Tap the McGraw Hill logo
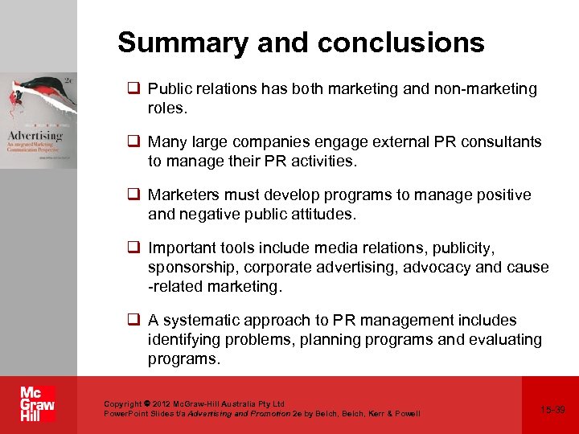click(37, 404)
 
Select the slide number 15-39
click(553, 410)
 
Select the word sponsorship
click(193, 267)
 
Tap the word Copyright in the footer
click(122, 403)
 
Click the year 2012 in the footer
click(162, 403)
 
